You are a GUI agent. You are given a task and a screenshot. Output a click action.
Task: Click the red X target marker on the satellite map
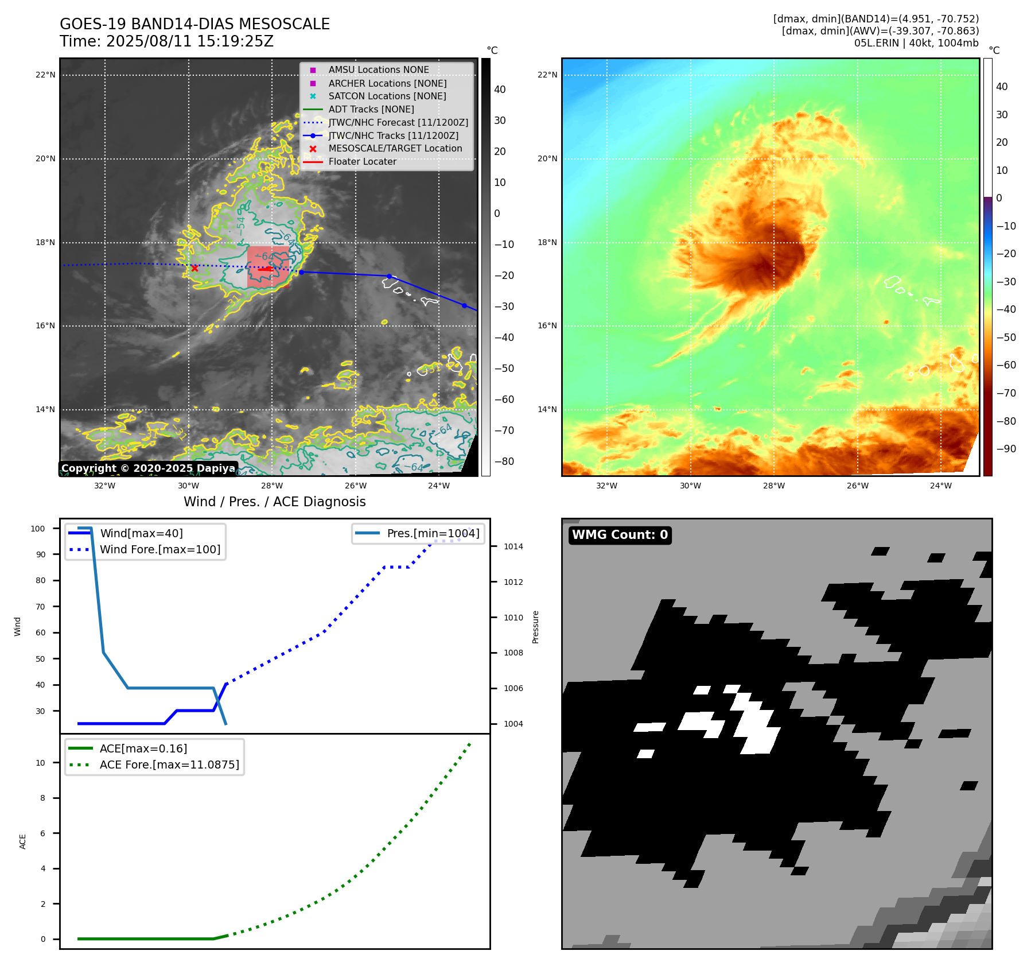coord(194,268)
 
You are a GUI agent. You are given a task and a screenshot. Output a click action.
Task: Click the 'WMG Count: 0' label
coord(620,535)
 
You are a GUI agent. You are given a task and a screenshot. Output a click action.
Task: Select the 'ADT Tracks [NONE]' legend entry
coord(371,109)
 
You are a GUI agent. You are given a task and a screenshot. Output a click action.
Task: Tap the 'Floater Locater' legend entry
coord(362,162)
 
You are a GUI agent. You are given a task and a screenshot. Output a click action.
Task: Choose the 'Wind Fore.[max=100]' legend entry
coord(160,549)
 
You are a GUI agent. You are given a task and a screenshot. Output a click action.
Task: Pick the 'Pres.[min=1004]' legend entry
coord(433,533)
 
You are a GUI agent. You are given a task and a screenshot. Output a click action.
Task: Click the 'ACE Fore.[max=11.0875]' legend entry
coord(169,765)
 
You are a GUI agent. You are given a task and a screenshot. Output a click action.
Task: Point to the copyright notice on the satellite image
coord(148,468)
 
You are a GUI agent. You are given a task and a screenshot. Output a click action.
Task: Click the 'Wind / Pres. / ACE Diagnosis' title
coord(274,502)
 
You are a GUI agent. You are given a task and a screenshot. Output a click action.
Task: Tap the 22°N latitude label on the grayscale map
coord(45,75)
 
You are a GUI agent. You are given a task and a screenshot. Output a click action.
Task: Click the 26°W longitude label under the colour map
coord(857,486)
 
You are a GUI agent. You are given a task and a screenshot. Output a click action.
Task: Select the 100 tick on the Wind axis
coord(38,529)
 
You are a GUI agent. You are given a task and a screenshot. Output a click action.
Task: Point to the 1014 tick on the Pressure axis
coord(513,546)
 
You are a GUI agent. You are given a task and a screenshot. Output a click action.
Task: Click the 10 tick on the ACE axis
coord(41,763)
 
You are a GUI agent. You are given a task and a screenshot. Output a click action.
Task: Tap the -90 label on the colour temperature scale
coord(1006,449)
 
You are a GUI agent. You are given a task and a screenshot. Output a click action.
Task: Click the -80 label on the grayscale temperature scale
coord(504,461)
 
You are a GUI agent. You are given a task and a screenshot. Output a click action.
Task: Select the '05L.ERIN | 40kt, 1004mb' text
coord(916,43)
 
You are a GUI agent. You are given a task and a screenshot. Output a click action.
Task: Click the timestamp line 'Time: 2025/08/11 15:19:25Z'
coord(166,41)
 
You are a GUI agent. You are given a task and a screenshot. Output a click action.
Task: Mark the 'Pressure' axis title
coord(535,627)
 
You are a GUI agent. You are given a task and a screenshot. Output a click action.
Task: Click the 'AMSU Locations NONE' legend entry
coord(378,70)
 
